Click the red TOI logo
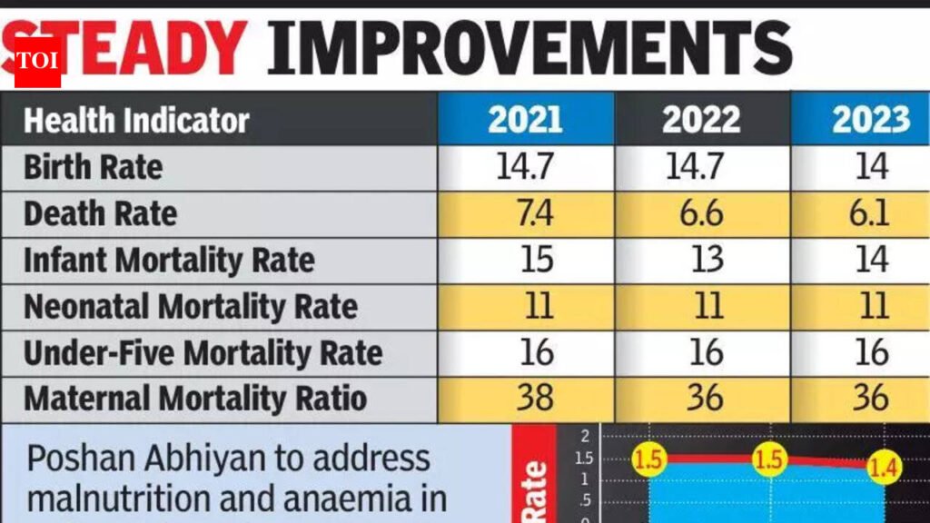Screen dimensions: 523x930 tap(37, 60)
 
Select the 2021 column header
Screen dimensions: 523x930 tap(525, 120)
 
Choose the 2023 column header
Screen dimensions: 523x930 tap(871, 120)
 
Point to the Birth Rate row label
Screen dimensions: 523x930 tap(93, 167)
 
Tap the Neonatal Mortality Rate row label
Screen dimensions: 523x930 tap(190, 307)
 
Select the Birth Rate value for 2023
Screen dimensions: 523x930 tap(871, 167)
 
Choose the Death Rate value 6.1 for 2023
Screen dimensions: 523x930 tap(871, 214)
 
